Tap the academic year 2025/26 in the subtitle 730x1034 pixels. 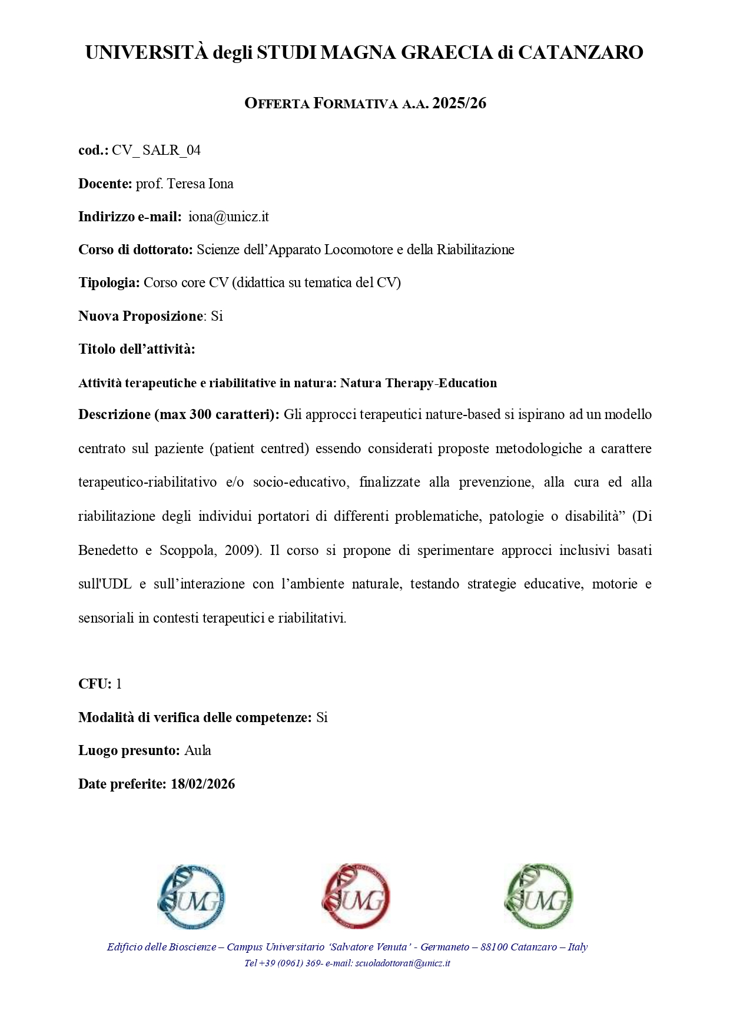(x=459, y=104)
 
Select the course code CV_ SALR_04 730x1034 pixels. (x=156, y=151)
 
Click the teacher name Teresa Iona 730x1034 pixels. (x=200, y=184)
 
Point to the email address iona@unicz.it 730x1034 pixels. (x=228, y=217)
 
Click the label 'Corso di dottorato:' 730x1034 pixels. (x=135, y=250)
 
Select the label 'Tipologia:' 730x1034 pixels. (x=109, y=283)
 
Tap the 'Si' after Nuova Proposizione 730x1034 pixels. (x=217, y=317)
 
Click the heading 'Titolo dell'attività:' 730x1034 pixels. (x=137, y=350)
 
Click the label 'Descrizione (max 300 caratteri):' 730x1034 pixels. (x=178, y=415)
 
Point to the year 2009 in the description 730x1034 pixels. (x=241, y=551)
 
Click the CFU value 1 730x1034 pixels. (x=119, y=684)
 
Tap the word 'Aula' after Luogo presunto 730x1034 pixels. (x=198, y=751)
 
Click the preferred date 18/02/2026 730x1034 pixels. (x=203, y=784)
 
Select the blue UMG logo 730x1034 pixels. (x=191, y=897)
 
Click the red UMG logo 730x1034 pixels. (x=356, y=897)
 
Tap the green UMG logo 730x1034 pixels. (x=539, y=897)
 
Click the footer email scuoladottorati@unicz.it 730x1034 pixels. (x=403, y=963)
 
